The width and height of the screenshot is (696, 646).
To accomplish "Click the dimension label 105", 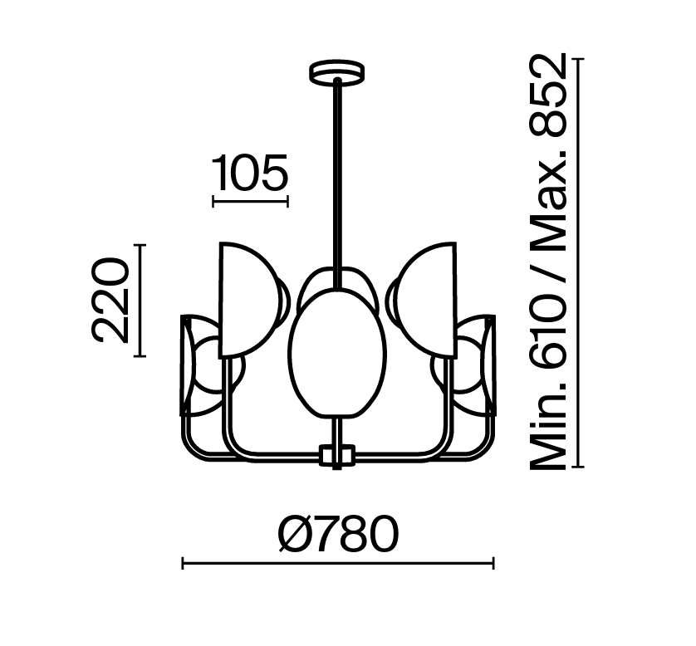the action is [250, 173].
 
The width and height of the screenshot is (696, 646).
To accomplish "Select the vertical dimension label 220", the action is [110, 301].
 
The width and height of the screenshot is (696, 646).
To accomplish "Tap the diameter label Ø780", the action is [338, 533].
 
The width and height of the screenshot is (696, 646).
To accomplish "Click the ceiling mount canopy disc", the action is [337, 72].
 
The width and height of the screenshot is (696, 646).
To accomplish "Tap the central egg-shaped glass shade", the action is [337, 354].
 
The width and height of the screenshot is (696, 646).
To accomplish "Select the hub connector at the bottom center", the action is [337, 455].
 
